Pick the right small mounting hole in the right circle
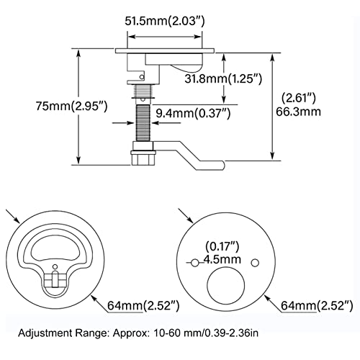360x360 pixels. coord(253,261)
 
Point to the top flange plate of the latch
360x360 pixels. coord(166,50)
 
